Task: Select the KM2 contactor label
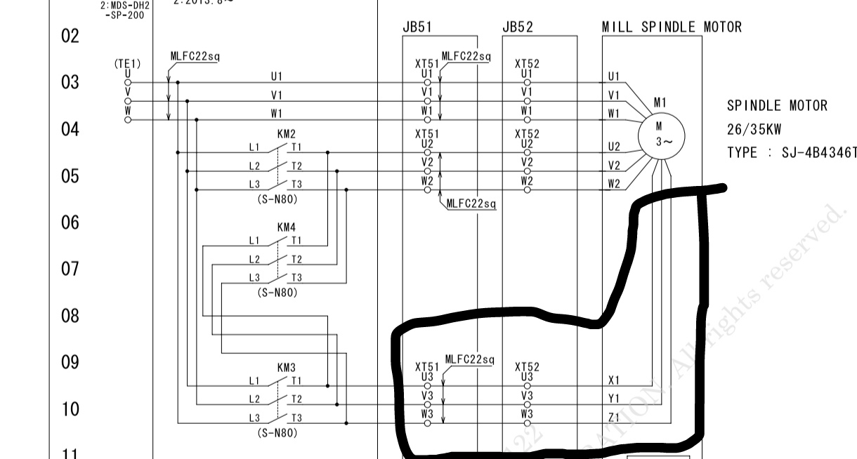(286, 133)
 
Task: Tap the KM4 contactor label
(286, 227)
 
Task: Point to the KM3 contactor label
(286, 367)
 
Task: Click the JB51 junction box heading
(417, 27)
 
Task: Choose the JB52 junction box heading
(518, 27)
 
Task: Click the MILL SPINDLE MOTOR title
(671, 27)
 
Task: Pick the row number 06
(70, 222)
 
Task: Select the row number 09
(70, 362)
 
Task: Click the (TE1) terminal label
(127, 63)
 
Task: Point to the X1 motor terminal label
(614, 380)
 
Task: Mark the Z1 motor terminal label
(614, 418)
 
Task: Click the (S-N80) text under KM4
(277, 293)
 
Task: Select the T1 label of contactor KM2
(297, 147)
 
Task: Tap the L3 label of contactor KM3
(254, 418)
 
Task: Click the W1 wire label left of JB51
(276, 112)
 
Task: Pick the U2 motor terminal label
(614, 147)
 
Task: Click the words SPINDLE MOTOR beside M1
(777, 106)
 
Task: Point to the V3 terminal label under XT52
(527, 395)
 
